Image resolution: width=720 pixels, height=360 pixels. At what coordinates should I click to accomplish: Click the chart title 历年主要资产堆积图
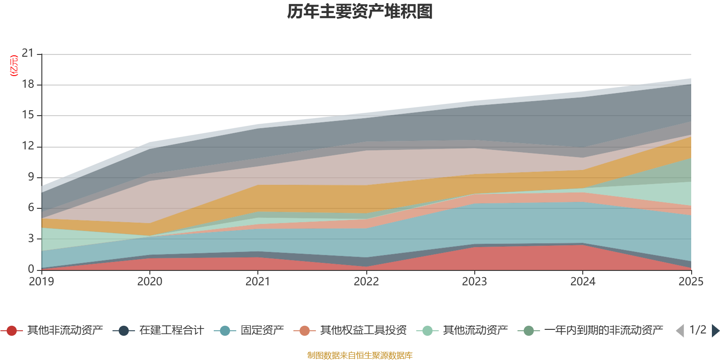[360, 12]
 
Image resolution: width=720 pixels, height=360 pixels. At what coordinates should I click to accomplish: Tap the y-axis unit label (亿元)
[14, 66]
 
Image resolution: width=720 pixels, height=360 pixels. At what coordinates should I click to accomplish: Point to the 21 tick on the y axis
[28, 54]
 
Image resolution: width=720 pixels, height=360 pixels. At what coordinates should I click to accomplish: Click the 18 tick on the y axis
[28, 84]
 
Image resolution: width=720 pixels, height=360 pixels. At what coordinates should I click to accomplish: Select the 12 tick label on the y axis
[28, 146]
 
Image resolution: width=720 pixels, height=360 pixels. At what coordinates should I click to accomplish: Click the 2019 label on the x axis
[41, 282]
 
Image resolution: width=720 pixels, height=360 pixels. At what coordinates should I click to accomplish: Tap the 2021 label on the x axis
[257, 282]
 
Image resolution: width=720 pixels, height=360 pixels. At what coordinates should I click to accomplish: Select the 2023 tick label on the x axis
[474, 282]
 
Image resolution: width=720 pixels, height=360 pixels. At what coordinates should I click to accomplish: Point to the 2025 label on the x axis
[690, 282]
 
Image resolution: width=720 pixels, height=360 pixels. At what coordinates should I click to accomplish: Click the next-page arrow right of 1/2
[715, 331]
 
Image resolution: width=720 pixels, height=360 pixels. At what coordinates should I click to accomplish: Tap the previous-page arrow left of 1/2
[680, 331]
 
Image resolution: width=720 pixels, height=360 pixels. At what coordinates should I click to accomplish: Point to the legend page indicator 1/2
[697, 330]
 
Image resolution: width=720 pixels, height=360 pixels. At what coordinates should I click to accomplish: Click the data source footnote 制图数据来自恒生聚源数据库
[360, 355]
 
